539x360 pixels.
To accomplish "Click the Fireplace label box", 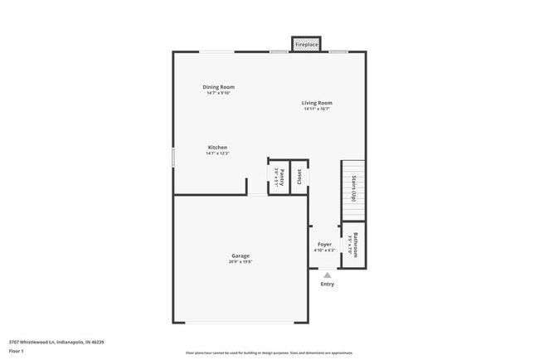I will (306, 44).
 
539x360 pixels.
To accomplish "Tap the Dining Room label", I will (219, 87).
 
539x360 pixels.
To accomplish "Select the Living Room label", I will (317, 103).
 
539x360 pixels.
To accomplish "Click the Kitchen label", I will (217, 148).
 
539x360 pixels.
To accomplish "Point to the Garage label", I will (240, 255).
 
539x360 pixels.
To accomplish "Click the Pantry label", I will (281, 176).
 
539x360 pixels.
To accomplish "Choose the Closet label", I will (299, 176).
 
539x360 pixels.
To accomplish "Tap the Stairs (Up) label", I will (354, 190).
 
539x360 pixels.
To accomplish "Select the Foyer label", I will (324, 245).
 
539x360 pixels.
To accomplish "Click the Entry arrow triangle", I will (328, 275).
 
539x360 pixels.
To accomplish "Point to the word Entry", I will (328, 285).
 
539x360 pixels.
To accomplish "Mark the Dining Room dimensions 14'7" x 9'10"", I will (219, 93).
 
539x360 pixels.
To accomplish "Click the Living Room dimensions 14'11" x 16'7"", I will (317, 109).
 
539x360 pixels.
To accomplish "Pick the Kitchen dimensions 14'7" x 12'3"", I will (217, 153).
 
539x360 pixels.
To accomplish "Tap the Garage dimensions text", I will (240, 262).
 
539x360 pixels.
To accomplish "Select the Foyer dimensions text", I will (324, 251).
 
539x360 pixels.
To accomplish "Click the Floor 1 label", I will (17, 351).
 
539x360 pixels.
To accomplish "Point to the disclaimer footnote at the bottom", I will (269, 353).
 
